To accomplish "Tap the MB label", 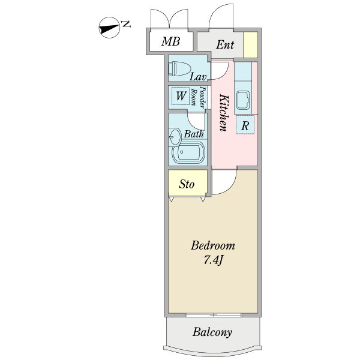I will pyautogui.click(x=171, y=42).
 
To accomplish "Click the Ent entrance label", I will pyautogui.click(x=225, y=44).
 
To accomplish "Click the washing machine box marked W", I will pyautogui.click(x=180, y=95).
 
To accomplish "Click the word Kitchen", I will pyautogui.click(x=223, y=112).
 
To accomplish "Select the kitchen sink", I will pyautogui.click(x=244, y=100).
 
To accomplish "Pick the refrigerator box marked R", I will pyautogui.click(x=245, y=125).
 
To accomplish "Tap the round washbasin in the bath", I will pyautogui.click(x=175, y=137).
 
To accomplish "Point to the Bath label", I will pyautogui.click(x=193, y=134).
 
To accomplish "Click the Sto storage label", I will pyautogui.click(x=187, y=184).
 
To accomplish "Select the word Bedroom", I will pyautogui.click(x=213, y=246).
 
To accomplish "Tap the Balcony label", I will pyautogui.click(x=212, y=332).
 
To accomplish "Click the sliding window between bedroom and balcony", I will pyautogui.click(x=214, y=315).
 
